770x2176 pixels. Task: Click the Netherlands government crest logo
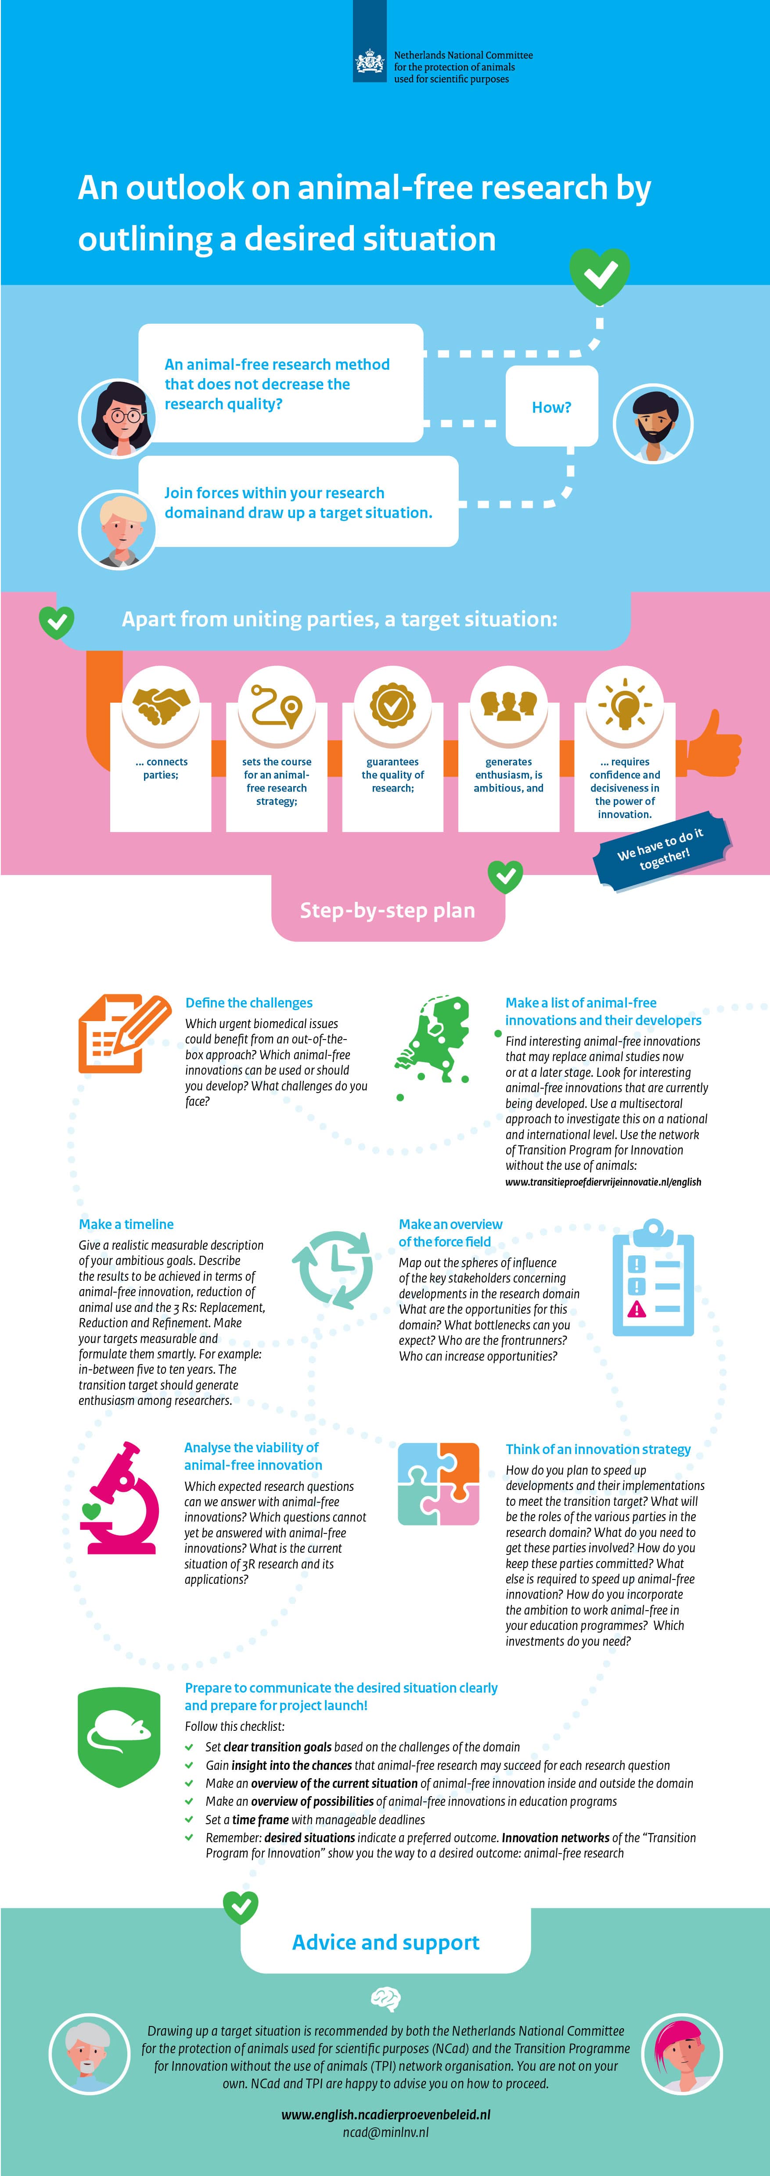coord(369,63)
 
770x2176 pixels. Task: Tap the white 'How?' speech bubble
coord(551,406)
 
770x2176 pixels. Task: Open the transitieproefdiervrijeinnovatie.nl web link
coord(603,1182)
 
